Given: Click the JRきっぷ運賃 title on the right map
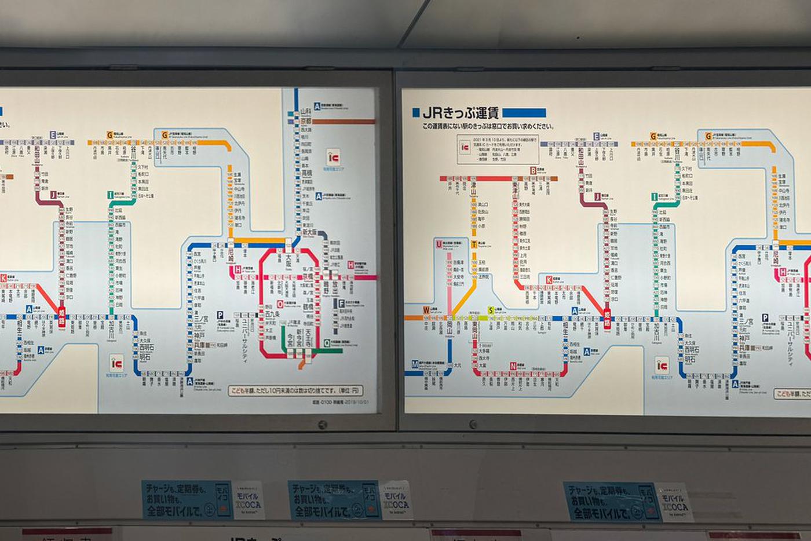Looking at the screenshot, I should [x=461, y=112].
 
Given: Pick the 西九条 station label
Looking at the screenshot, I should [x=268, y=316].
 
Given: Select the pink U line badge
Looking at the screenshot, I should [x=439, y=244].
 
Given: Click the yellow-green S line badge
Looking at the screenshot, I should [x=491, y=311].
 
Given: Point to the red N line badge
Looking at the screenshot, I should [x=513, y=366].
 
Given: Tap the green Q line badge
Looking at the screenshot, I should [x=327, y=343].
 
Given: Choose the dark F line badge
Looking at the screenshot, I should [x=341, y=303].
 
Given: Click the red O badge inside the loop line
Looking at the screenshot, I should [x=280, y=304].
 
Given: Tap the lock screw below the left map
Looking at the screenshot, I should [x=322, y=425].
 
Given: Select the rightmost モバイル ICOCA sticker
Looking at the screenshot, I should [x=674, y=502].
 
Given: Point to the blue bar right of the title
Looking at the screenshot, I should [x=524, y=113].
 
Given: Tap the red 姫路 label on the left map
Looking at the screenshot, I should [x=61, y=316].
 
